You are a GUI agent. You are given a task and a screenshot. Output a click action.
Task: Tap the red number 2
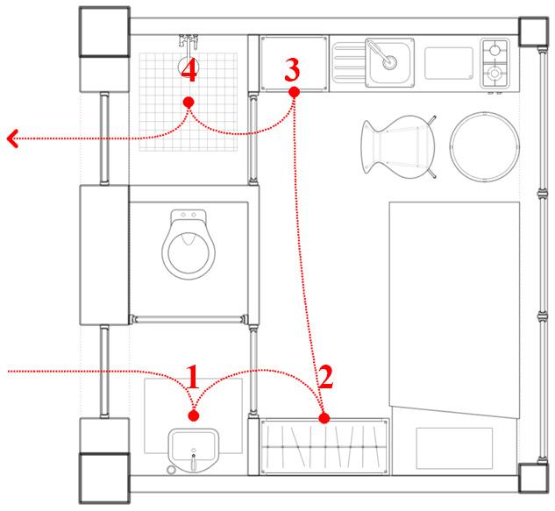325,378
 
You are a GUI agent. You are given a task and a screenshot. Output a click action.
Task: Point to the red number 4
188,71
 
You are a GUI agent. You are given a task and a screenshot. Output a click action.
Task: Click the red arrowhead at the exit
11,138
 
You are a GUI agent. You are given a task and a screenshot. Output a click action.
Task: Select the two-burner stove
496,63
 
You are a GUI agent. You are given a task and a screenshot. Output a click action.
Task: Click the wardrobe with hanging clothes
324,447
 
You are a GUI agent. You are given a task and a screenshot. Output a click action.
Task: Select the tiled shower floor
189,101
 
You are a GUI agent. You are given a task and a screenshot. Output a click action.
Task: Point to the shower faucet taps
188,40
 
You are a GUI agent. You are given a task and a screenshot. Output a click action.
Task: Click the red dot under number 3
294,91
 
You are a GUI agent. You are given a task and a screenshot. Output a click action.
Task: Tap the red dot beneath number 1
194,415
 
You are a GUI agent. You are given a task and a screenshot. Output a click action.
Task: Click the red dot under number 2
324,419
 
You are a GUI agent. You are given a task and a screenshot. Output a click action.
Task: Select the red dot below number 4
188,103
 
